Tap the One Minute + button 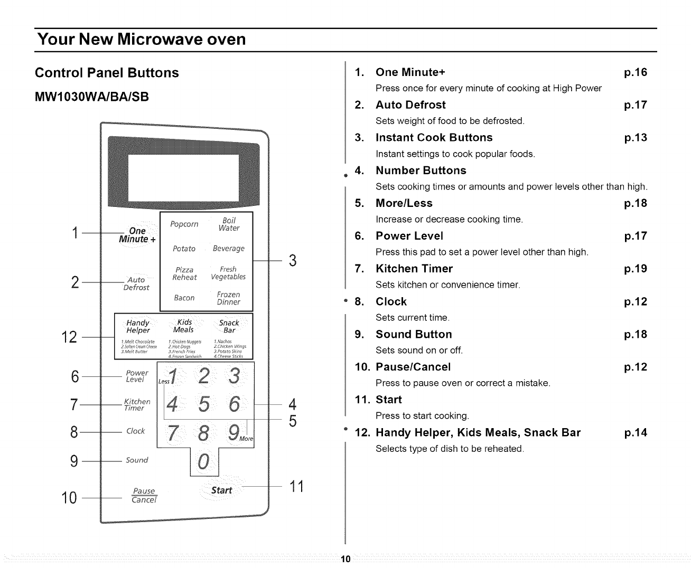(x=137, y=235)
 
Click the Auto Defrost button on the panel (x=136, y=283)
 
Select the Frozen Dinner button (x=228, y=298)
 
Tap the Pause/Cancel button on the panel (x=144, y=495)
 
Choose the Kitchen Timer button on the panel (x=136, y=405)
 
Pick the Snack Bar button (x=229, y=326)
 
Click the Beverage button (x=228, y=249)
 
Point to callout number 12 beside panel (x=70, y=337)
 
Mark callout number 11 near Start (x=297, y=486)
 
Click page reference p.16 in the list (x=635, y=72)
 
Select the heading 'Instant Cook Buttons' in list (x=434, y=138)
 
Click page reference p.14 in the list (x=635, y=433)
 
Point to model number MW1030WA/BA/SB (x=92, y=97)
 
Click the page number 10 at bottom (x=345, y=560)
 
